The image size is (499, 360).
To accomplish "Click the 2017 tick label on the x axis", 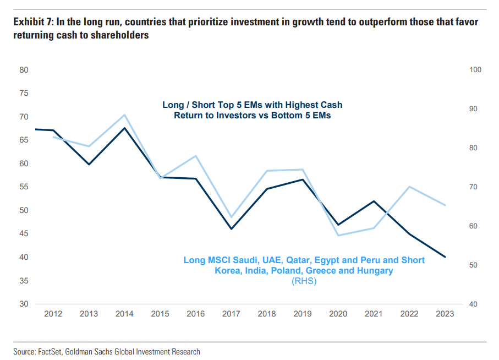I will (231, 314).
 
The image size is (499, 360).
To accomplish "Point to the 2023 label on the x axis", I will (445, 314).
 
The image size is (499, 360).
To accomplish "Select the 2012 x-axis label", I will (53, 314).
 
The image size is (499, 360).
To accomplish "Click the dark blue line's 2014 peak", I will (125, 128).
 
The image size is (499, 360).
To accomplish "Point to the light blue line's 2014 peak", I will (125, 115).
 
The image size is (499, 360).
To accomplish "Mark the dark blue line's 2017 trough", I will (231, 229).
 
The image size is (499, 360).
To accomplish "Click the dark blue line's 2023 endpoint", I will (445, 257).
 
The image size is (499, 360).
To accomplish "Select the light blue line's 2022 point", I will (409, 187).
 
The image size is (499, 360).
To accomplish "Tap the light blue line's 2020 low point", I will (338, 236).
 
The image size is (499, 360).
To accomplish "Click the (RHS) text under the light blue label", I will (304, 281).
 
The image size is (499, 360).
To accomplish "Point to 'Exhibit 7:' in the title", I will (32, 23).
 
